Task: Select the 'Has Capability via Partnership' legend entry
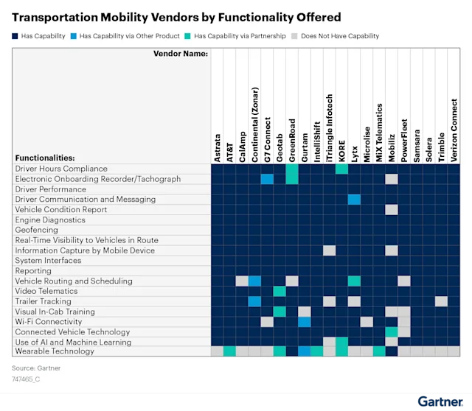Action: tap(240, 35)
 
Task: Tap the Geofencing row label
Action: tap(36, 230)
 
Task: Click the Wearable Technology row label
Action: tap(55, 351)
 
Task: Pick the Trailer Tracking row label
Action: tap(44, 301)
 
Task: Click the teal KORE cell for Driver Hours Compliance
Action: tap(341, 169)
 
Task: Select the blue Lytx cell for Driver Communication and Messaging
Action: tap(354, 200)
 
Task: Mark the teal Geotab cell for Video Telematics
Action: tap(280, 291)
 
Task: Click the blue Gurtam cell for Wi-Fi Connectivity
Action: tap(304, 322)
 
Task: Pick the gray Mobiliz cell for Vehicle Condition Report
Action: tap(392, 210)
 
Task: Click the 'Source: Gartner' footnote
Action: tap(36, 368)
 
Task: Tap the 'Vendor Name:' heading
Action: tap(180, 53)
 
